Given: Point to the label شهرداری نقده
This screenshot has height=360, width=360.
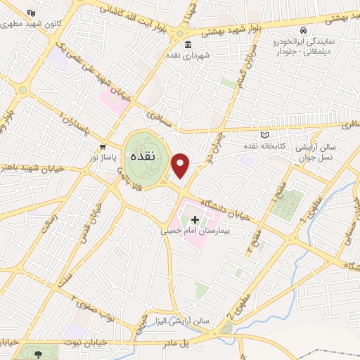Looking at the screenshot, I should coord(185,54).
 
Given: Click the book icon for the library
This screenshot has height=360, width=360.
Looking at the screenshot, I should coord(264,134).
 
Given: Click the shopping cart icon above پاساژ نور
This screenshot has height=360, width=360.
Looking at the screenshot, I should coord(103,147).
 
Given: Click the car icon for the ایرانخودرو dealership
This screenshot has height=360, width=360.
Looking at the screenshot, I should coord(302,31).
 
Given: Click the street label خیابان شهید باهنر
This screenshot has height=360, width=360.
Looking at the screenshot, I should coord(26,167).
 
